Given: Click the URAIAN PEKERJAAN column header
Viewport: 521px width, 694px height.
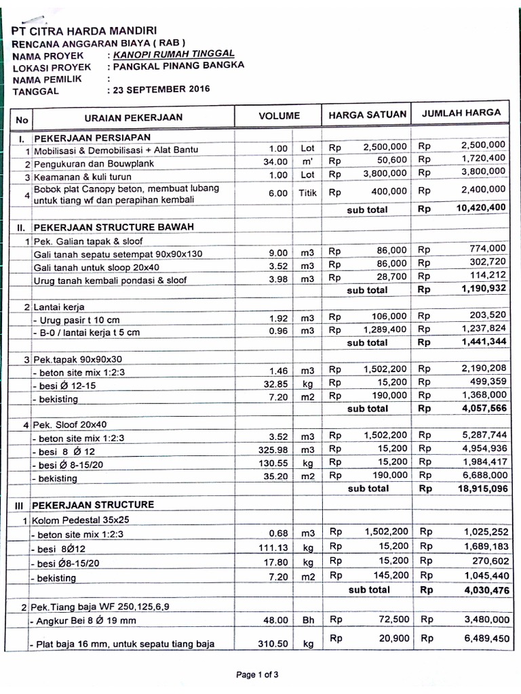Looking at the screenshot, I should pyautogui.click(x=134, y=117).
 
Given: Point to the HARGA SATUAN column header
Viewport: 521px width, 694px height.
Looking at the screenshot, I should pyautogui.click(x=368, y=115).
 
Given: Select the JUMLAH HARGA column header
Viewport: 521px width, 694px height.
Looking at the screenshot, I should pyautogui.click(x=461, y=113).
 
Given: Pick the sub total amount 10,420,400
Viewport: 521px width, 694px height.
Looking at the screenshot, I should pyautogui.click(x=481, y=207).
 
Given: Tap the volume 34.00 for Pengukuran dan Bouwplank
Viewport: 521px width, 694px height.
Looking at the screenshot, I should pyautogui.click(x=275, y=163).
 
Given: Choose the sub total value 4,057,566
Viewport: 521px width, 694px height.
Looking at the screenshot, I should pyautogui.click(x=484, y=409).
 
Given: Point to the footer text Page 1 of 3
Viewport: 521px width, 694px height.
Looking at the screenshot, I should pyautogui.click(x=257, y=674).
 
